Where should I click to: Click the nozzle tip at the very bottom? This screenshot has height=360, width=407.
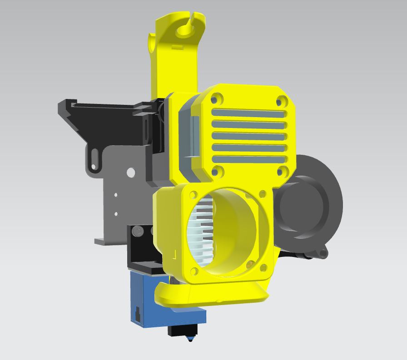click(x=190, y=339)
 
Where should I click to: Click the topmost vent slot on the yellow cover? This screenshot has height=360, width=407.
click(x=248, y=113)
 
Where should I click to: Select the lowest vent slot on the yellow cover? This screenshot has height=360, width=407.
click(x=248, y=159)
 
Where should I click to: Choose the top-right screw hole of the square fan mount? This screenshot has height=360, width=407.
click(x=262, y=194)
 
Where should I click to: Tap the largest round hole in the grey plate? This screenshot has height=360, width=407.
click(x=130, y=173)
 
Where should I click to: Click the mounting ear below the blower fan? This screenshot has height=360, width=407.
click(x=323, y=253)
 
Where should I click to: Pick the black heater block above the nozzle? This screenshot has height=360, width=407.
click(x=182, y=330)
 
